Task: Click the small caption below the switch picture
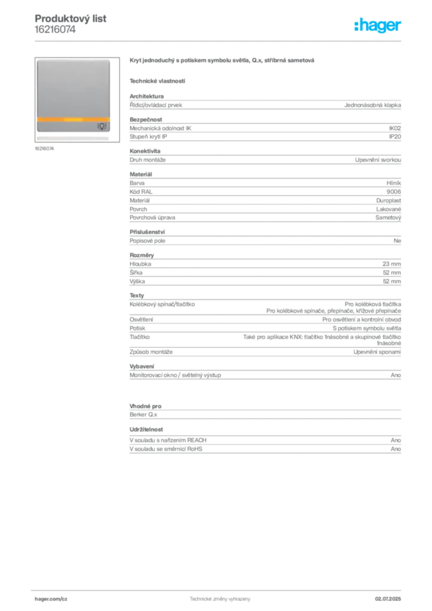(45, 149)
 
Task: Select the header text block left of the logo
(72, 24)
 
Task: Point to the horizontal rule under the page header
(220, 41)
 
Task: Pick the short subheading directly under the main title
(158, 81)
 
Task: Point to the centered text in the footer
(220, 598)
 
